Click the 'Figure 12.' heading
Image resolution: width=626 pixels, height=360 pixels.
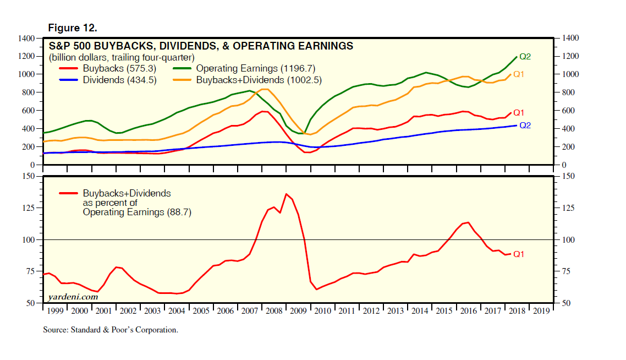[73, 28]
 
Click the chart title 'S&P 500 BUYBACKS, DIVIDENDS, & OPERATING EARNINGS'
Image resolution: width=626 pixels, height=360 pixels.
[201, 46]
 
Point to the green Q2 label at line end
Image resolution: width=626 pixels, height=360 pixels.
[525, 57]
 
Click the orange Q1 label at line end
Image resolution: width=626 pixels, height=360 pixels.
[519, 74]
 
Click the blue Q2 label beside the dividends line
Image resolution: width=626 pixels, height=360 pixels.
[525, 126]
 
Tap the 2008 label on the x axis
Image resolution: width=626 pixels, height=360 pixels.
[273, 312]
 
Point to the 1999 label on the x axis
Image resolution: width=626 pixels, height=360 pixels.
[54, 312]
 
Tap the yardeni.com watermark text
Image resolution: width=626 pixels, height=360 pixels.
[73, 296]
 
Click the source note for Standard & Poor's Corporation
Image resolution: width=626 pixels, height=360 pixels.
[111, 330]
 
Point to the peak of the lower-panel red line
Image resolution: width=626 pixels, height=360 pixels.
[286, 194]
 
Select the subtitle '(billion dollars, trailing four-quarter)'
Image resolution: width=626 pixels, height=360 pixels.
[122, 57]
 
